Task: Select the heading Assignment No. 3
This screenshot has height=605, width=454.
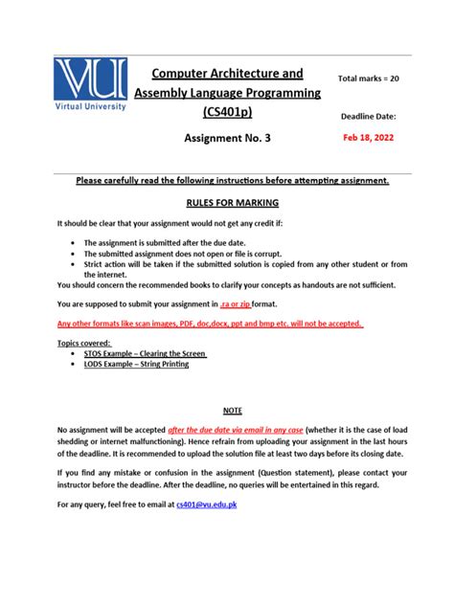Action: click(x=227, y=138)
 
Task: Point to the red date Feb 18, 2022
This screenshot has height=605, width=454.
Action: click(x=368, y=137)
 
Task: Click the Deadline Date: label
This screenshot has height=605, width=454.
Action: click(x=369, y=116)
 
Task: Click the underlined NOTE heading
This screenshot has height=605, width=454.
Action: click(x=232, y=409)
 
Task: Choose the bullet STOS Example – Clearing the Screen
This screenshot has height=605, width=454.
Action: click(x=145, y=353)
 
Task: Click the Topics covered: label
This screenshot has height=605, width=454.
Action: click(x=84, y=342)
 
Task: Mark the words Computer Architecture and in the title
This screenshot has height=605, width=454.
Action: click(x=228, y=73)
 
